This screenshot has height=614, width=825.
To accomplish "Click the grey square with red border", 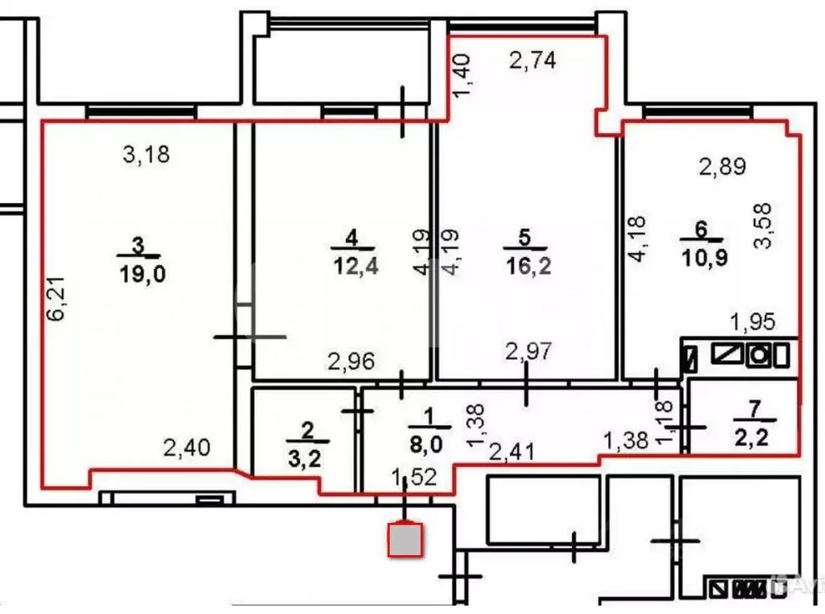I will (406, 540).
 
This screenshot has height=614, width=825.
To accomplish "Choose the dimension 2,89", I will (722, 167).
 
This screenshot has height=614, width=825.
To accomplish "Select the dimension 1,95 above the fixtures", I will (752, 322).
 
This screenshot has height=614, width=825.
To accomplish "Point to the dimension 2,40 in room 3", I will (187, 446).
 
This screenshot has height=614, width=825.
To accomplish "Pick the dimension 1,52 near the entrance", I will (413, 477).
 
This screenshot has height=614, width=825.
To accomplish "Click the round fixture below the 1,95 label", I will (759, 355).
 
